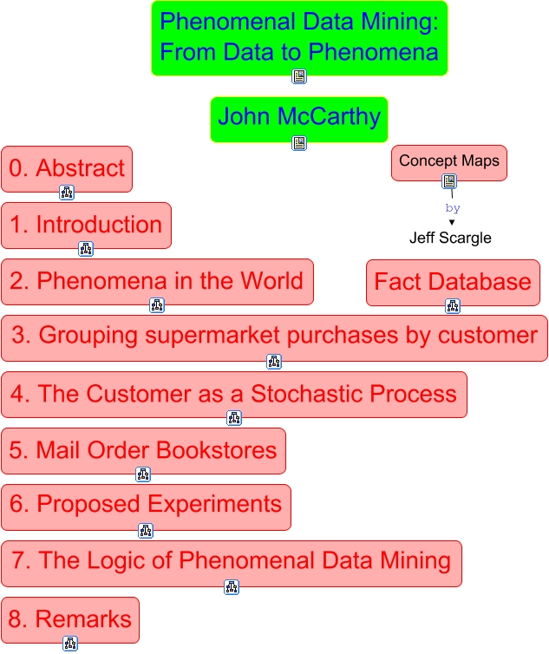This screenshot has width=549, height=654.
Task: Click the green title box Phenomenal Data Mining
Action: coord(299,37)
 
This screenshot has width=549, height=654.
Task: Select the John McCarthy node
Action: coord(298,117)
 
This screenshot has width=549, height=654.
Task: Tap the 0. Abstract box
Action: coord(67,168)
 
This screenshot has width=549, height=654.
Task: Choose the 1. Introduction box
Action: coord(86,225)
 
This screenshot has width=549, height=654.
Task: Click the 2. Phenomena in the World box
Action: coord(157,281)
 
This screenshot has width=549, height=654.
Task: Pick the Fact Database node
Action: coord(453,282)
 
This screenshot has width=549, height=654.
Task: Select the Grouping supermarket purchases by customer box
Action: coord(274,337)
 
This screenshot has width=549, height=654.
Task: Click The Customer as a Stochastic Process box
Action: coord(234,394)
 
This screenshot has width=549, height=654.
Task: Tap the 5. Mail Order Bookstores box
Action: coord(143,450)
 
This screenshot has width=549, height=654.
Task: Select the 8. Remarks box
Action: coord(70,619)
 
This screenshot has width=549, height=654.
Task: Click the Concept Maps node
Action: coord(448,162)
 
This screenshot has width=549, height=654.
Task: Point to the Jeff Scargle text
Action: coord(450,238)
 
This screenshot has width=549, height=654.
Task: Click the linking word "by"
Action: coord(452,209)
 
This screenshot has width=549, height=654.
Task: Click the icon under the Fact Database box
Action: coord(453,306)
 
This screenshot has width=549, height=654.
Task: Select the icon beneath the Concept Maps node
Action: coord(449,181)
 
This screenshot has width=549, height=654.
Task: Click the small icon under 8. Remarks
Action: coord(70,644)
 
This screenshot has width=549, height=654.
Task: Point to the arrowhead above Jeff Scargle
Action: coord(452,222)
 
